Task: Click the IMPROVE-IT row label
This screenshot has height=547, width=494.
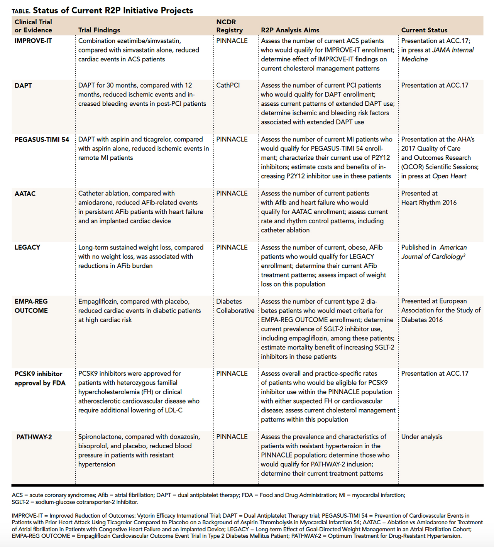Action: [33, 41]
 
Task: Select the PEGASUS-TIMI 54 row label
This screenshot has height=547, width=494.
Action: [42, 140]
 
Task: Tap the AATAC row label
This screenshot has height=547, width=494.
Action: [25, 194]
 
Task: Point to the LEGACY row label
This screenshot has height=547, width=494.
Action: [27, 248]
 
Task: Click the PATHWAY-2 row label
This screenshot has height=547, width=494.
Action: [34, 437]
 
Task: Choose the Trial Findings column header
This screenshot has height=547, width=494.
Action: [99, 30]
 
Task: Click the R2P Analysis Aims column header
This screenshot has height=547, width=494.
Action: [290, 30]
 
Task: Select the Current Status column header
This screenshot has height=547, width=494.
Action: [424, 30]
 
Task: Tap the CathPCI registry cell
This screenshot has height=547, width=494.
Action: [228, 86]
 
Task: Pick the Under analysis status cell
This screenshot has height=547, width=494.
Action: [422, 437]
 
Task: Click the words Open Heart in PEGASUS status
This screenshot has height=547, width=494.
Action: [449, 176]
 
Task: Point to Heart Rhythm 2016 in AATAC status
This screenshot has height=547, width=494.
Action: [429, 203]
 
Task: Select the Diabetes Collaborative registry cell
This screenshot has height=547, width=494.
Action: [235, 306]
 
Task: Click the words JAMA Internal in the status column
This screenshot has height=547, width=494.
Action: [453, 50]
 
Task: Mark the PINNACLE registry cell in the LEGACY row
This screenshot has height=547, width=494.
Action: [232, 248]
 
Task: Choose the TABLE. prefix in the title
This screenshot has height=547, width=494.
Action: [21, 11]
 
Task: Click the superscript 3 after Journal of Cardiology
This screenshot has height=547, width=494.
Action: [464, 255]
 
